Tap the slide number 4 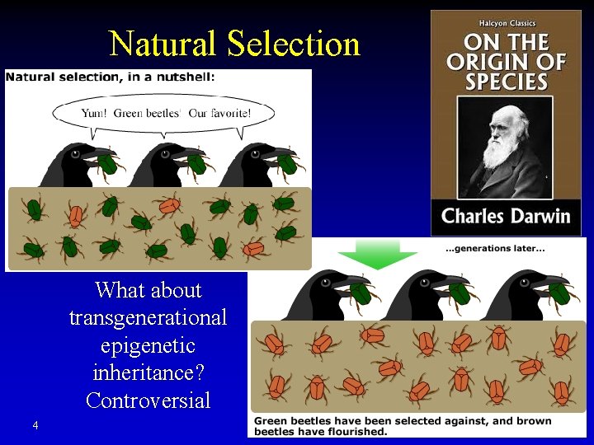point(35,425)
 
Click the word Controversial point(148,401)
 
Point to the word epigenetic point(148,345)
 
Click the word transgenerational point(148,317)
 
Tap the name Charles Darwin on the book point(506,216)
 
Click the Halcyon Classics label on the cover point(506,22)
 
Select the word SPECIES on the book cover point(506,82)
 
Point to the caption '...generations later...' point(494,249)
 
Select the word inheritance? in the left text point(148,373)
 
